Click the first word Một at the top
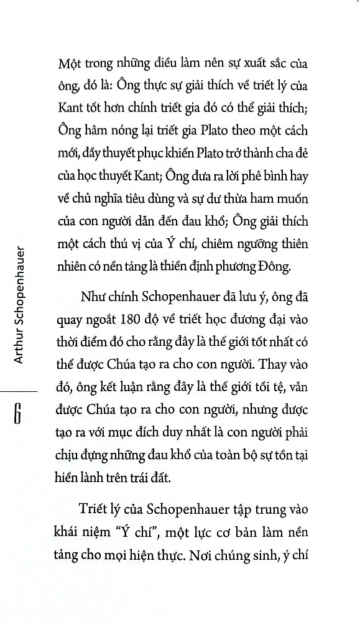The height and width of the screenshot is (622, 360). (69, 64)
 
